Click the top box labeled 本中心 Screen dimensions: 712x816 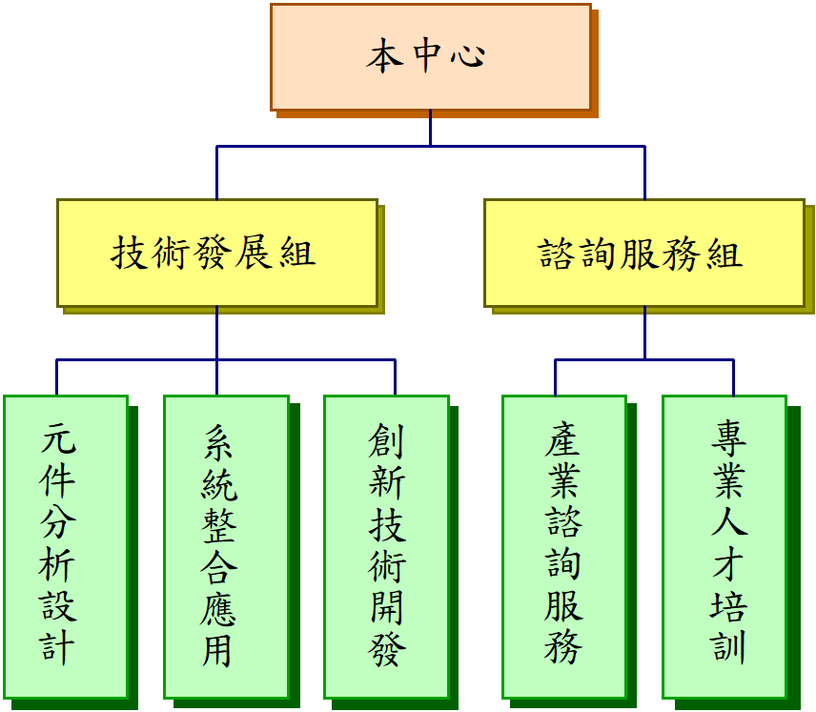point(430,57)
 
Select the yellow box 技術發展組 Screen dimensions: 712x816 point(217,253)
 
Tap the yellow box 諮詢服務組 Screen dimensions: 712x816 point(643,253)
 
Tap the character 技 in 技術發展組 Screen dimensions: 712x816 point(129,254)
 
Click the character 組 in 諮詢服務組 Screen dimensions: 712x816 point(725,254)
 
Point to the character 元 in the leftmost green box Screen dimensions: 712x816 point(58,440)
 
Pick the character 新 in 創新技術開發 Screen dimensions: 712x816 point(387,483)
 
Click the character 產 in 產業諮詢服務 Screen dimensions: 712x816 point(563,440)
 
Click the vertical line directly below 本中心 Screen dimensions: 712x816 point(430,129)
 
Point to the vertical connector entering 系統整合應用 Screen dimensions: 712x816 point(217,376)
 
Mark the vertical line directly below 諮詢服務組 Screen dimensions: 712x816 point(645,333)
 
